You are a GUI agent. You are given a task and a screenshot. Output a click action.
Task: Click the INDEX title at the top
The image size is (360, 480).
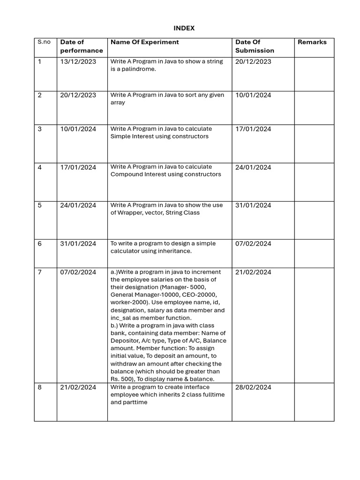pyautogui.click(x=184, y=28)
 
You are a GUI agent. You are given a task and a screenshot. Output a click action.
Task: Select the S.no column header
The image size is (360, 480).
pyautogui.click(x=44, y=42)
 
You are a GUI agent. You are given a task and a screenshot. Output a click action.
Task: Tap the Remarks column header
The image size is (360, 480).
pyautogui.click(x=312, y=42)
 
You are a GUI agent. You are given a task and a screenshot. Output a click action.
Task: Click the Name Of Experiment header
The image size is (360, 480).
pyautogui.click(x=144, y=42)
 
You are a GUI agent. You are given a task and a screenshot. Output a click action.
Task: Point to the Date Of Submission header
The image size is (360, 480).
pyautogui.click(x=255, y=46)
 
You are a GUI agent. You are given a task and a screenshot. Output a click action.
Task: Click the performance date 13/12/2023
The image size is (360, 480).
pyautogui.click(x=78, y=61)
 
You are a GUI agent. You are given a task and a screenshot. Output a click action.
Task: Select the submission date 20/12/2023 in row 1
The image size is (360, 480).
pyautogui.click(x=253, y=61)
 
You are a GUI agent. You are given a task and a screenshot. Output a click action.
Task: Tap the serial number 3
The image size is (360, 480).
pyautogui.click(x=39, y=129)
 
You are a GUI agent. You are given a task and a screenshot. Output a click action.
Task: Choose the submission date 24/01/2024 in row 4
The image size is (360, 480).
pyautogui.click(x=253, y=167)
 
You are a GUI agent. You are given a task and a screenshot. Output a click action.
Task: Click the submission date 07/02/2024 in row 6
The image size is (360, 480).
pyautogui.click(x=253, y=244)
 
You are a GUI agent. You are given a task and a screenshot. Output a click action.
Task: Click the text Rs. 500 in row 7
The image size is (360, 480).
pyautogui.click(x=121, y=379)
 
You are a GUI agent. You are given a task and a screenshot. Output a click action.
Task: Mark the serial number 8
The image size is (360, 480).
pyautogui.click(x=39, y=387)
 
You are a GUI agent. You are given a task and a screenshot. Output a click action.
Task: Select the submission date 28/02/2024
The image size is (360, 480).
pyautogui.click(x=253, y=387)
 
